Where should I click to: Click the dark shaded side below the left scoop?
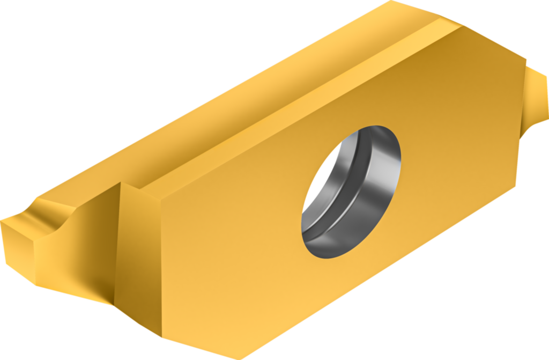[x=80, y=268]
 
